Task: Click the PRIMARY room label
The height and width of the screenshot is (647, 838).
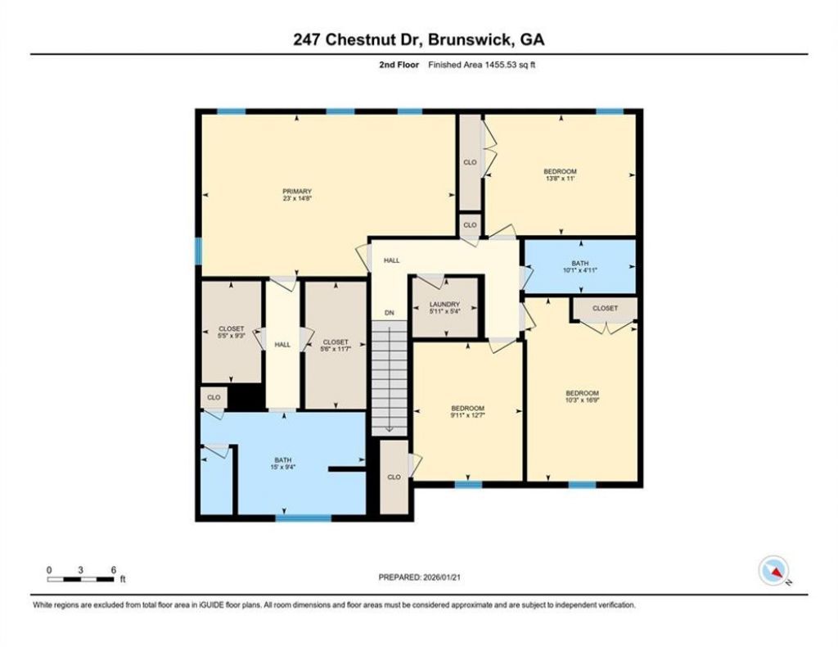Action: tap(296, 192)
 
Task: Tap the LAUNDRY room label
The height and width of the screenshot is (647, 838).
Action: tap(444, 304)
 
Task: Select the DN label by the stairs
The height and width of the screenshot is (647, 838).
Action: tap(390, 313)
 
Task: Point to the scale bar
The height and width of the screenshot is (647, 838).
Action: tap(81, 579)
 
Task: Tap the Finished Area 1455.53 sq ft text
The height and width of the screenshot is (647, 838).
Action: tap(481, 66)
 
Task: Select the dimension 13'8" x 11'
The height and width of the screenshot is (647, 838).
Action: tap(560, 179)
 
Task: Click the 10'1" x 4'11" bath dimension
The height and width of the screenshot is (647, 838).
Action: tap(580, 270)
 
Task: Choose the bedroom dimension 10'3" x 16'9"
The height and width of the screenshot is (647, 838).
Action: tap(583, 400)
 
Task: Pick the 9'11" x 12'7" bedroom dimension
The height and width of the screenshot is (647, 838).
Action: tap(467, 415)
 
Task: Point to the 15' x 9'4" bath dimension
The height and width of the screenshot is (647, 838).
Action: tap(282, 467)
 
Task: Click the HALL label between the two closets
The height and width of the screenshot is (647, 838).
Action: tap(282, 345)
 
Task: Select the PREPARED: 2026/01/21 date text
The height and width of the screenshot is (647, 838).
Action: tap(420, 577)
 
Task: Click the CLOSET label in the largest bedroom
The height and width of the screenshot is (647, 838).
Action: tap(605, 309)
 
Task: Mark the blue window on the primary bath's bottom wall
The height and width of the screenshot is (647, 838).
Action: tap(303, 518)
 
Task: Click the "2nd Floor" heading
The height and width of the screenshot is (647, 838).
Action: tap(399, 66)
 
